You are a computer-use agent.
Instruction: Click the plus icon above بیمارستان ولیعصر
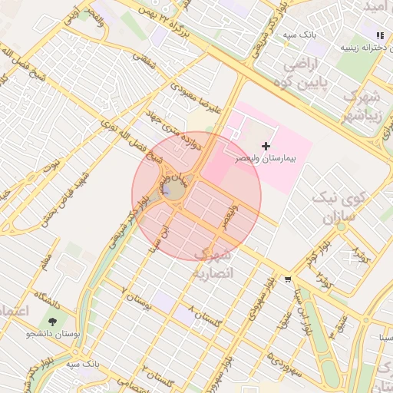tap(266, 146)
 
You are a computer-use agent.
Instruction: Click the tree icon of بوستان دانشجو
tap(52, 322)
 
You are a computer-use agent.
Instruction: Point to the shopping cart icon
tap(288, 279)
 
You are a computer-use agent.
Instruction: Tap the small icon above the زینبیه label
tap(380, 35)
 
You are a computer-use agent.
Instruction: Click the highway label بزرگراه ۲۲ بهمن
tap(157, 17)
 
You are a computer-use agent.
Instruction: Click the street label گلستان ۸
tap(203, 315)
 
